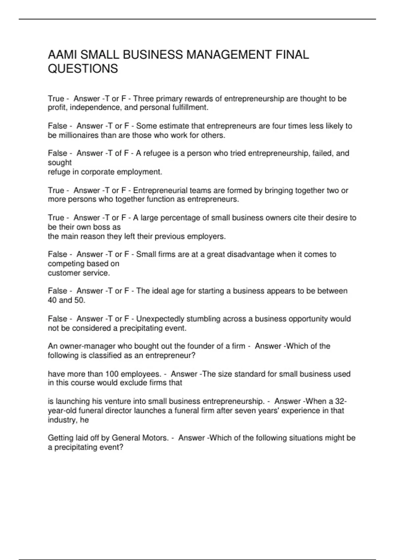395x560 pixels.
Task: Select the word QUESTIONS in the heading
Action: [x=83, y=69]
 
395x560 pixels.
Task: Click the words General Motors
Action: [x=140, y=438]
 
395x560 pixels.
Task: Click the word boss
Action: [x=105, y=227]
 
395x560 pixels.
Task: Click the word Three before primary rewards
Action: [x=143, y=99]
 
